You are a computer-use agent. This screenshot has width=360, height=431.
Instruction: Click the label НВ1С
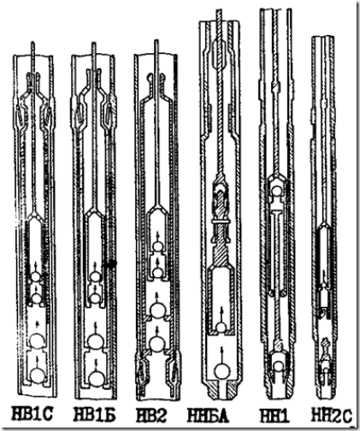pos(32,415)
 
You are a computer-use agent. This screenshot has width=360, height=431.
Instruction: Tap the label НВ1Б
pos(95,415)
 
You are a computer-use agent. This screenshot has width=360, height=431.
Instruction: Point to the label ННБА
pos(208,415)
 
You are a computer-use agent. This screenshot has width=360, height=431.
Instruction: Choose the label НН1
pos(274,416)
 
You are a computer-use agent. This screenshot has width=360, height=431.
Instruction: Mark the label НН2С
pos(331,416)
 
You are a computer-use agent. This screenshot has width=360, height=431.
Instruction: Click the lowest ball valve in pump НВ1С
pos(38,376)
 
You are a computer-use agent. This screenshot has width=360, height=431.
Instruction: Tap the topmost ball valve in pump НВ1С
pos(36,276)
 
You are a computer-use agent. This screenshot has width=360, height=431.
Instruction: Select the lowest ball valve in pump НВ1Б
pos(97,378)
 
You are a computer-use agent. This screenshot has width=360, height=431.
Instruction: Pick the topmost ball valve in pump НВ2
pos(157,246)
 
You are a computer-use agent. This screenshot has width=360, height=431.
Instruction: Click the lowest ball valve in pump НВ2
pos(156,345)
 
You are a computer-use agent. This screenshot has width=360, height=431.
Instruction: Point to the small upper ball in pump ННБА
pos(221,328)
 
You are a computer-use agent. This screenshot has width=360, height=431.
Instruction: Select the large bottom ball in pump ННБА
pos(222,371)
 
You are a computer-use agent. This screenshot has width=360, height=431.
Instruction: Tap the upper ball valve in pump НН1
pos(276,189)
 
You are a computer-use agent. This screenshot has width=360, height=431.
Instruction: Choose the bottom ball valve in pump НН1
pos(278,365)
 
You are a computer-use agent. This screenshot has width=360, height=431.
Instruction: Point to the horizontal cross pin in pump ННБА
pos(221,221)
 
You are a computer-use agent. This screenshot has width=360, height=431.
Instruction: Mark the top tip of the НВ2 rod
pos(156,40)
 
